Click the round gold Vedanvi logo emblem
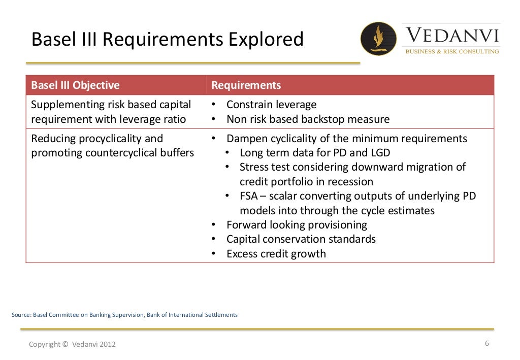(378, 39)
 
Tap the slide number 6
(487, 343)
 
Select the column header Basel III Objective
(75, 85)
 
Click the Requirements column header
(246, 85)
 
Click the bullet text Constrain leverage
(271, 105)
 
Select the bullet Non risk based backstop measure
(308, 119)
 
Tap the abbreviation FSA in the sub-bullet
(249, 196)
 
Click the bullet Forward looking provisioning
(297, 225)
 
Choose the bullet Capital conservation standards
(301, 239)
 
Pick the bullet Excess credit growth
(276, 254)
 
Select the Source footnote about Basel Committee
(124, 315)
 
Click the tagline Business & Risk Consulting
(451, 51)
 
